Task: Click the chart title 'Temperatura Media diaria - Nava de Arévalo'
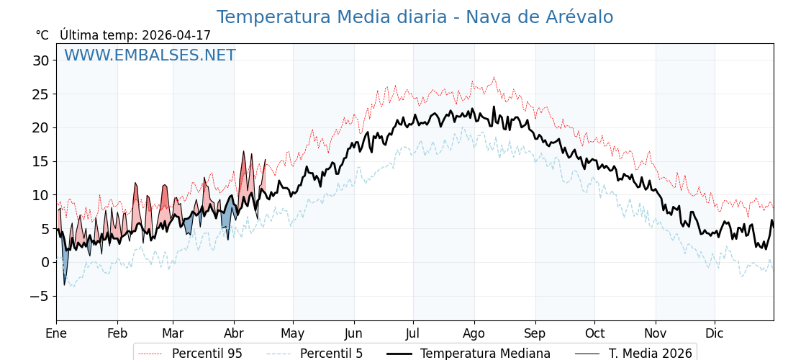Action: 415,17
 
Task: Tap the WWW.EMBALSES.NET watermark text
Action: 150,55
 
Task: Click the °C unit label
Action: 42,35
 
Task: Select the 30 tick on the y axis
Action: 40,60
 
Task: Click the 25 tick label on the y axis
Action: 40,94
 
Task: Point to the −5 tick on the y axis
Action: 40,296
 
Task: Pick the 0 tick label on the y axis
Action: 45,262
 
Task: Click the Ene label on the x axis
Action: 56,334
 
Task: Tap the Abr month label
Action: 234,334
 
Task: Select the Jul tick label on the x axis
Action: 413,334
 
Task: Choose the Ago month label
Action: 474,334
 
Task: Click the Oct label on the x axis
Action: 594,334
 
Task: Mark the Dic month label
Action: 715,334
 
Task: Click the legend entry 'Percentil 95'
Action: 207,354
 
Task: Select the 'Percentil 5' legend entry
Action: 331,354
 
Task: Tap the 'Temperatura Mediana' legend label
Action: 485,354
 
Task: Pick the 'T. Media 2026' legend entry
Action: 650,354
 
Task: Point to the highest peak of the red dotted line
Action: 494,77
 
